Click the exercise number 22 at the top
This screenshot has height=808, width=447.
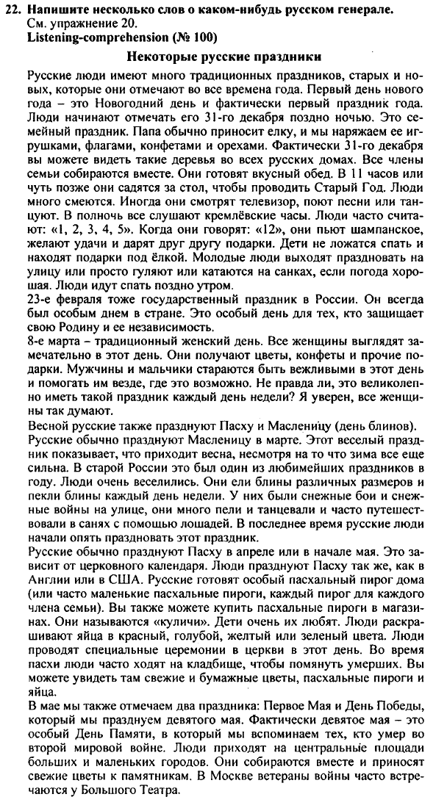(x=16, y=10)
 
